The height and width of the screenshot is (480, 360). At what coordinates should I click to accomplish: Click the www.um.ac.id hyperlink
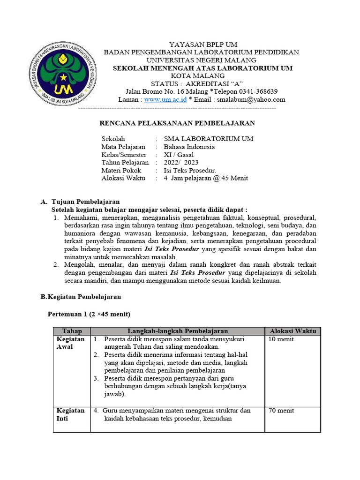point(165,99)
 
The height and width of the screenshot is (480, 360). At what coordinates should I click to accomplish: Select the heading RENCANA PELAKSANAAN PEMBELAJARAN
point(178,123)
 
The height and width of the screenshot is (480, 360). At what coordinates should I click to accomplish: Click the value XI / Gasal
point(179,155)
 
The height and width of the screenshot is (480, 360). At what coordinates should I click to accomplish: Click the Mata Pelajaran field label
point(123,147)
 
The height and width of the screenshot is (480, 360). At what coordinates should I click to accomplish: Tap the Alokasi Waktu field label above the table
point(123,178)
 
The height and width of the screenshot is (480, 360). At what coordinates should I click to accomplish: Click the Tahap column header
point(72,331)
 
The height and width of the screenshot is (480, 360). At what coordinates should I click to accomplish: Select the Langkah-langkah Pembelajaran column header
point(178,331)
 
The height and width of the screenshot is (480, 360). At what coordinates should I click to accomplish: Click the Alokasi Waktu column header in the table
point(292,331)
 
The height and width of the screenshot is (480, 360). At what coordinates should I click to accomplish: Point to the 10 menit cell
point(281,339)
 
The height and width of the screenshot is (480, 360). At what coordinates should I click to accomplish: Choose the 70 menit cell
point(281,411)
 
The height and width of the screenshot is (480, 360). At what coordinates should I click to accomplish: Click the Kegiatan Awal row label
point(70,343)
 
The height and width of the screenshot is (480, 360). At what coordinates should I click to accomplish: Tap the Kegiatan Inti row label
point(70,414)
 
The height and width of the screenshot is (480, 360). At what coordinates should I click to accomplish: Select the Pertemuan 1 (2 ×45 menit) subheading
point(89,314)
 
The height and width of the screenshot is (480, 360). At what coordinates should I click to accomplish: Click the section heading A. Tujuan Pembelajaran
point(80,202)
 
